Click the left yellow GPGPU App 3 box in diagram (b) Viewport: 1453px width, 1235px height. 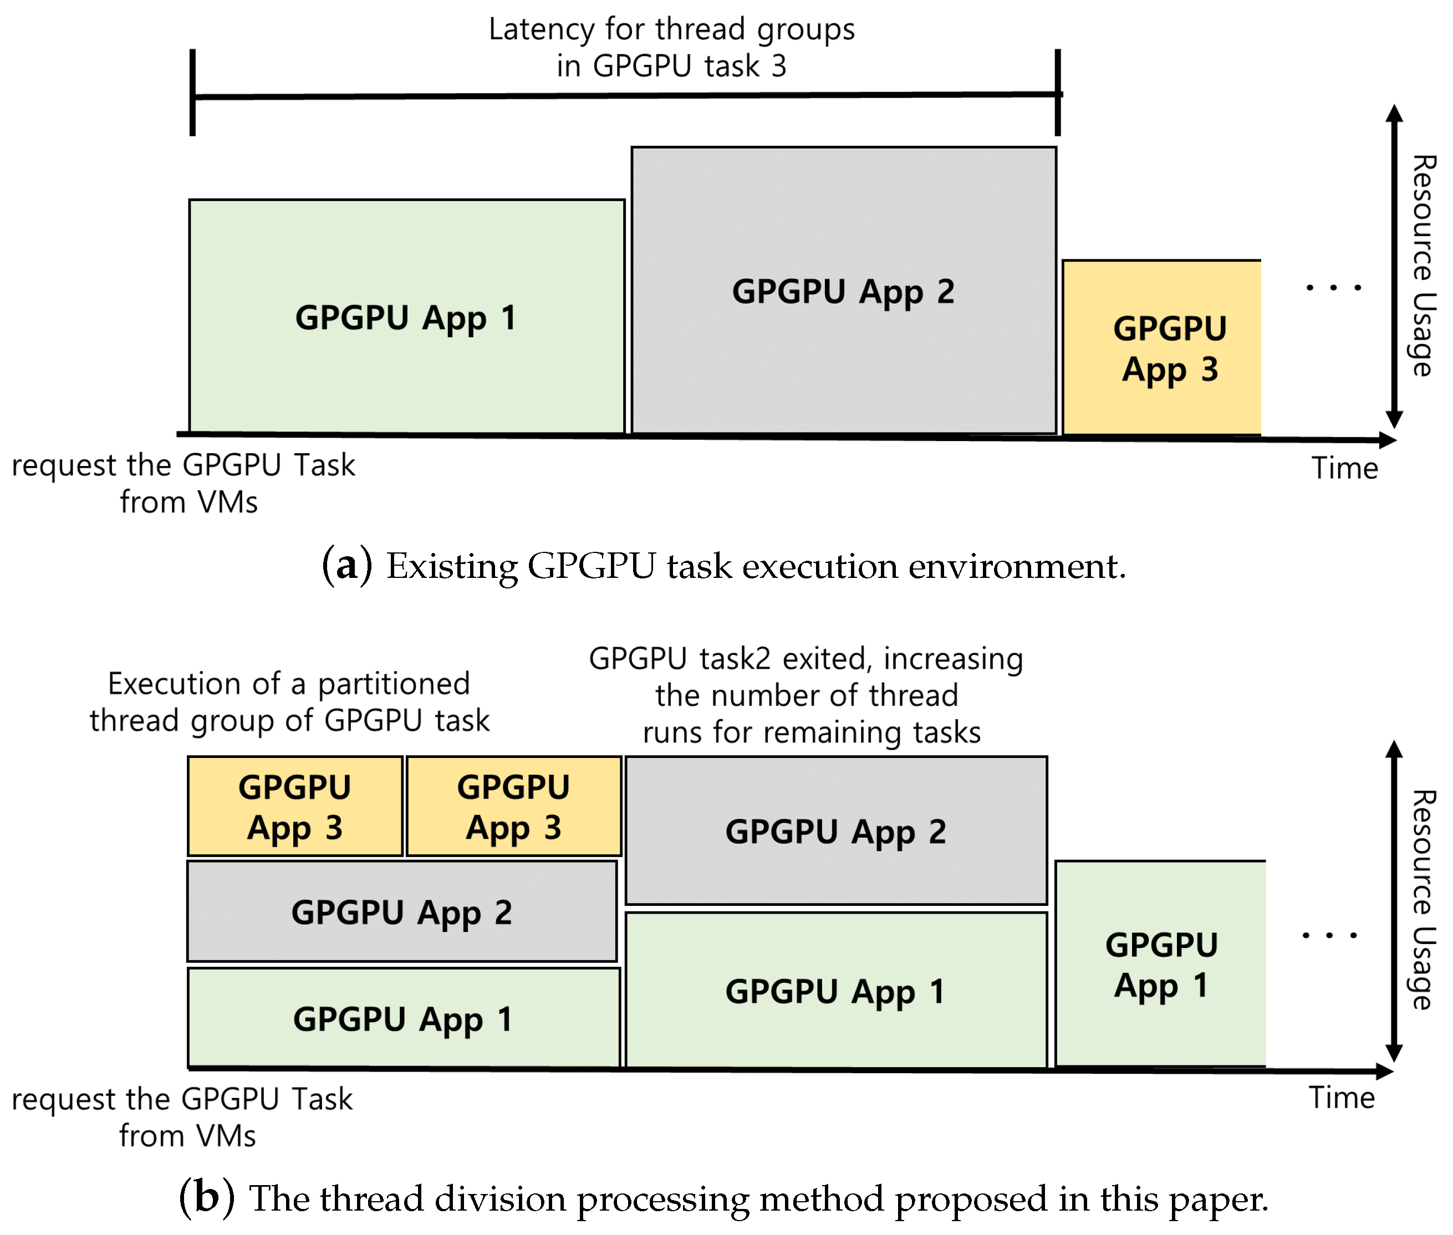click(295, 806)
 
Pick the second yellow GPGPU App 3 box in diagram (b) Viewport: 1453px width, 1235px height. click(513, 806)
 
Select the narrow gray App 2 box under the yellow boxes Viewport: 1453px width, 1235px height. click(401, 911)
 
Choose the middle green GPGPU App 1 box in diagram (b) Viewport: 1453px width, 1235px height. click(836, 990)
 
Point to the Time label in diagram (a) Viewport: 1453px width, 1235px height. click(1344, 468)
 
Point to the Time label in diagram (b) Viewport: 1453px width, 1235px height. click(1341, 1097)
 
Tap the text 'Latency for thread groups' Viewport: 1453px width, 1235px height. click(671, 29)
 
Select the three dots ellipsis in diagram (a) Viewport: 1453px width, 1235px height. click(1333, 287)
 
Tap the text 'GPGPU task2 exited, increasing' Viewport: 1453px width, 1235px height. click(805, 659)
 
